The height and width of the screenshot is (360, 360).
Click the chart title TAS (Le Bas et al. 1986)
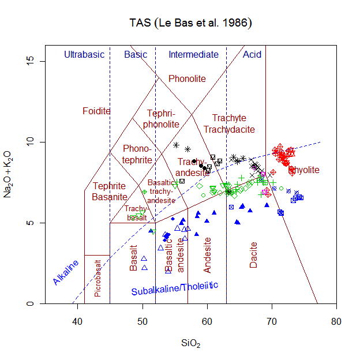(x=190, y=23)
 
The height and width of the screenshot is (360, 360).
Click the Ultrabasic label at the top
(x=84, y=55)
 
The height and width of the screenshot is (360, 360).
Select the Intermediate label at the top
(x=193, y=55)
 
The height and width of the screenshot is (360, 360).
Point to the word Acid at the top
(x=252, y=55)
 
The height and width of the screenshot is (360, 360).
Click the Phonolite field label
(x=187, y=78)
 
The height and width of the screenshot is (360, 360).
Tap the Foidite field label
(x=96, y=111)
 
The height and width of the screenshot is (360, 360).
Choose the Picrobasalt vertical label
(x=97, y=279)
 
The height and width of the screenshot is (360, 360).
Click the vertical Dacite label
(x=254, y=254)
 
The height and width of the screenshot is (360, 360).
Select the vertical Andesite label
(x=208, y=254)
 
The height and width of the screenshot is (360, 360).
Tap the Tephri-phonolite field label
(x=162, y=119)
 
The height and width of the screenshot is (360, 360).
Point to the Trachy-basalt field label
(x=137, y=213)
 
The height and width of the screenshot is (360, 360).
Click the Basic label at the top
(x=136, y=55)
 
